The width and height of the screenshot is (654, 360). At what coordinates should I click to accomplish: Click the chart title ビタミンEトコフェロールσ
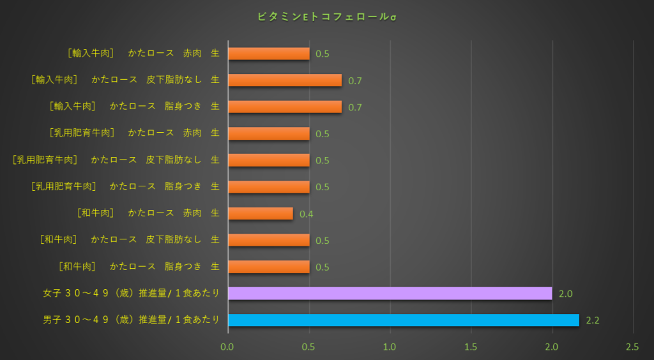[x=327, y=16]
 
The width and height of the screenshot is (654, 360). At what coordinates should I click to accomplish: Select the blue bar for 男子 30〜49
[x=403, y=320]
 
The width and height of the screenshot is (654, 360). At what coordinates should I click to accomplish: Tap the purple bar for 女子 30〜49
[x=390, y=293]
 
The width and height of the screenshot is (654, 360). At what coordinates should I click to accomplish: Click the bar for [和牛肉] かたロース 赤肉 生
[x=261, y=213]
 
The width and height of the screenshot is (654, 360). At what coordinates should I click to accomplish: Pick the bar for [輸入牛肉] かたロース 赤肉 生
[x=269, y=54]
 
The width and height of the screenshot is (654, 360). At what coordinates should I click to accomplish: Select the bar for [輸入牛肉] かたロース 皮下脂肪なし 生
[x=285, y=80]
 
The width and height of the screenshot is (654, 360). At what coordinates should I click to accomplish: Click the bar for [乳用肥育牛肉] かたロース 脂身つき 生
[x=269, y=186]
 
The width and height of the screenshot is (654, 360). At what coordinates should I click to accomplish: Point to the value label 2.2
[x=593, y=320]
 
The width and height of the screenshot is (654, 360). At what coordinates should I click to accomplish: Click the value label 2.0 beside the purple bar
[x=565, y=294]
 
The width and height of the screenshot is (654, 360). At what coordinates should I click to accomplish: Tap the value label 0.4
[x=306, y=214]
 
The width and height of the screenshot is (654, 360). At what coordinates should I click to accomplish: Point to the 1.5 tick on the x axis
[x=471, y=347]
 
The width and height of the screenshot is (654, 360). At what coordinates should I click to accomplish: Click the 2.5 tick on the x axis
[x=632, y=347]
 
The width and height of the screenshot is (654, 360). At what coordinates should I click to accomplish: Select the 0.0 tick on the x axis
[x=228, y=347]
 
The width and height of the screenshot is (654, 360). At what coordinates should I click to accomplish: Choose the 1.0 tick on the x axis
[x=390, y=347]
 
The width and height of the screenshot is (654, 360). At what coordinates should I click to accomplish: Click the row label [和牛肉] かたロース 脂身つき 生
[x=139, y=266]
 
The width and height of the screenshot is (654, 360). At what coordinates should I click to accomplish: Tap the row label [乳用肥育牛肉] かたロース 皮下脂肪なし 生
[x=116, y=160]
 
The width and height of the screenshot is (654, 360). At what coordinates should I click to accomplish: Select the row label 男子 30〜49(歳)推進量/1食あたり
[x=131, y=319]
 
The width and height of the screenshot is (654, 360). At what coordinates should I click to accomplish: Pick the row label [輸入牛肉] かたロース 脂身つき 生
[x=134, y=106]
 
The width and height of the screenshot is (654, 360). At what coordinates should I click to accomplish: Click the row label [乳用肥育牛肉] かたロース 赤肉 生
[x=134, y=133]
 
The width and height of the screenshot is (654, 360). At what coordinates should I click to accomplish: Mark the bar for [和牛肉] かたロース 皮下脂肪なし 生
[x=269, y=240]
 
